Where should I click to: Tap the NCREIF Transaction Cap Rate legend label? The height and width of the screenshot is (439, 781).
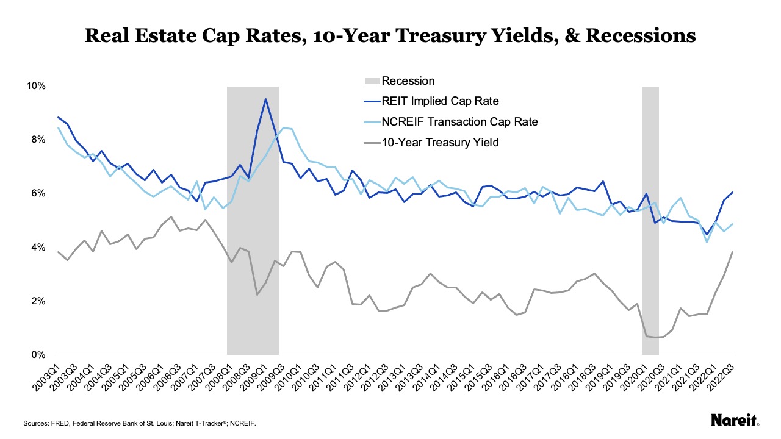(459, 122)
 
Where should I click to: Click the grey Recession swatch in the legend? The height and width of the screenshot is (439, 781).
(371, 81)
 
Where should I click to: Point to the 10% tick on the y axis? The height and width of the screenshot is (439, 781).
(35, 86)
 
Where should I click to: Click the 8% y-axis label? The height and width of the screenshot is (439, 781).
(37, 140)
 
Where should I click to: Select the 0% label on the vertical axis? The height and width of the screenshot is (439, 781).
(37, 355)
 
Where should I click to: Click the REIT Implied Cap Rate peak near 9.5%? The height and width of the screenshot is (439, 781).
(265, 99)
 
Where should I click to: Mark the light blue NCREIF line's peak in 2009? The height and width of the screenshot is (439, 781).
(283, 127)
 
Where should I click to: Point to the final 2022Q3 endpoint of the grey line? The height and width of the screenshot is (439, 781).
(732, 252)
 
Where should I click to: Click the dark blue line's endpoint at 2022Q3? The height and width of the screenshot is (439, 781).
(732, 193)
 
